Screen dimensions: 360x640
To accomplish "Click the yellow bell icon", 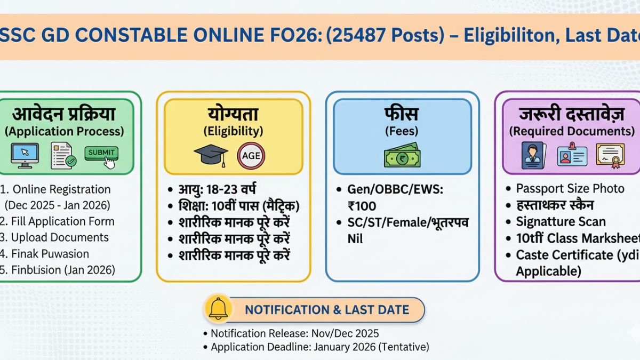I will click(x=219, y=309).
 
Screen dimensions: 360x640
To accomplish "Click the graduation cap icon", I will click(x=211, y=155).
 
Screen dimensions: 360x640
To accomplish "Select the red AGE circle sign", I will click(x=251, y=156).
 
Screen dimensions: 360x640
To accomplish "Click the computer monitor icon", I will click(x=25, y=155).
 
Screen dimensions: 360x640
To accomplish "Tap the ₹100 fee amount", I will click(x=362, y=206).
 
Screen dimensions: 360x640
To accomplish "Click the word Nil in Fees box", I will click(x=355, y=238).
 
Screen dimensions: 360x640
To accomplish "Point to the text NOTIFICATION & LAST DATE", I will click(x=327, y=310).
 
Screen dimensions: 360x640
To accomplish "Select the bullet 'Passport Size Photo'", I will click(x=570, y=189).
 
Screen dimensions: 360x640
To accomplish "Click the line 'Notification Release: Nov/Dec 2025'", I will click(x=294, y=333).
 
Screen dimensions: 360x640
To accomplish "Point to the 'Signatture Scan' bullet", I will click(x=561, y=222).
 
